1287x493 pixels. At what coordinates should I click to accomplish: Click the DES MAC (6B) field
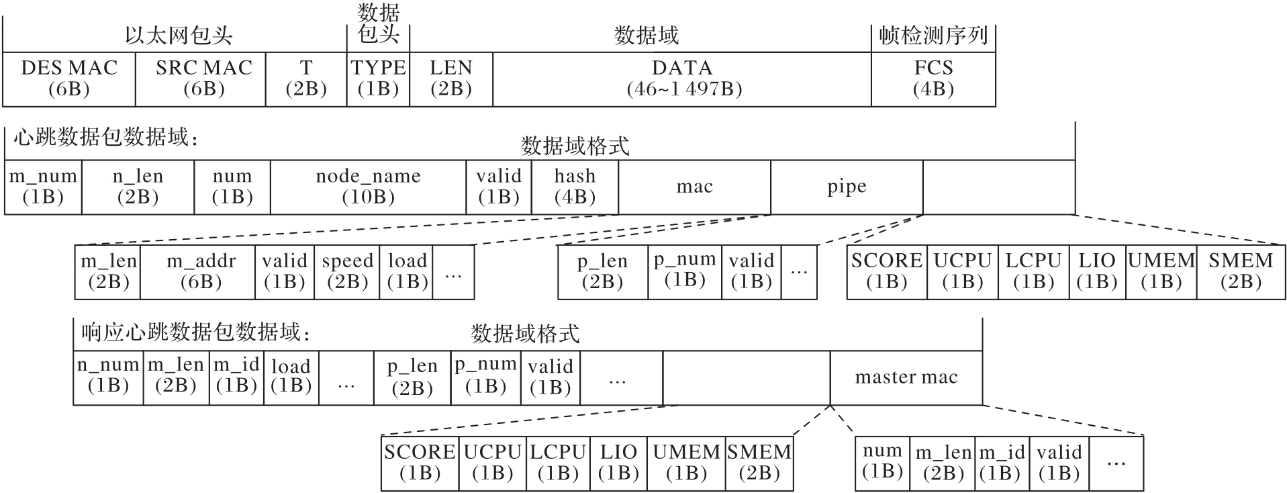coord(69,79)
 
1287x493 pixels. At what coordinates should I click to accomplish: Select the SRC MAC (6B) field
coord(203,79)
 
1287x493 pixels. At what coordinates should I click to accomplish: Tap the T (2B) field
coord(306,79)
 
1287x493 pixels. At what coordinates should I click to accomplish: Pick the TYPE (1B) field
coord(378,79)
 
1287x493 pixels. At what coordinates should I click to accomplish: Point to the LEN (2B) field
coord(451,79)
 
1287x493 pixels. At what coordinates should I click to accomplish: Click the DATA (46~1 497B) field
coord(682,79)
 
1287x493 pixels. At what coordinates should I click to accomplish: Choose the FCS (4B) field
coord(933,79)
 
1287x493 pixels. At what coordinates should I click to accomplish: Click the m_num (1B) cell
coord(43,187)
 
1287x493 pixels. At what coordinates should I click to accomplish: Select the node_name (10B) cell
coord(368,187)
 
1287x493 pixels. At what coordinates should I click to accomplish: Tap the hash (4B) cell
coord(575,187)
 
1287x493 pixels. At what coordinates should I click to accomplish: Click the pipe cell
coord(847,187)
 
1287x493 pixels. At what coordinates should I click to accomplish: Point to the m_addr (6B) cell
coord(201,271)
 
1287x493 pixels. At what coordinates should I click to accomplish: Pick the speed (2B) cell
coord(347,271)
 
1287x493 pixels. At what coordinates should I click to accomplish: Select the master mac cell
coord(906,377)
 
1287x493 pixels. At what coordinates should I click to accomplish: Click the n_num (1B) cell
coord(108,376)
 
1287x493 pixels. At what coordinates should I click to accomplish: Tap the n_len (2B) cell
coord(138,187)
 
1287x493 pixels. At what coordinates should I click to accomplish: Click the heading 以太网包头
coord(179,36)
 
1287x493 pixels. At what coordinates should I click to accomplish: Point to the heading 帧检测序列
coord(933,36)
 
